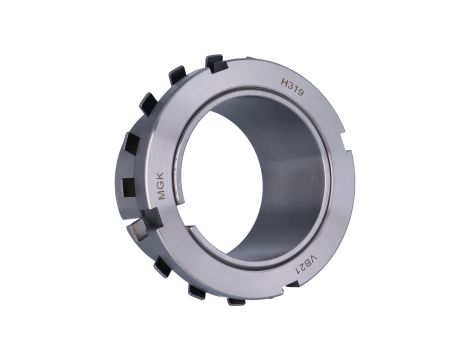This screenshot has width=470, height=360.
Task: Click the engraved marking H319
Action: (x=292, y=87)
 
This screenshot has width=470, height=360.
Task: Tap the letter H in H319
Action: (x=284, y=82)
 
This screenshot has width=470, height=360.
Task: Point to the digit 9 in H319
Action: (x=300, y=93)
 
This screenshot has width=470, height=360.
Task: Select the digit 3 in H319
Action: (x=290, y=85)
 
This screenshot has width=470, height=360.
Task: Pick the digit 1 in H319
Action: (x=295, y=89)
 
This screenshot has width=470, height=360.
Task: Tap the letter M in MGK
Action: (x=162, y=195)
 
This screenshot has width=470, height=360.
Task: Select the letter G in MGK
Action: (x=162, y=186)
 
